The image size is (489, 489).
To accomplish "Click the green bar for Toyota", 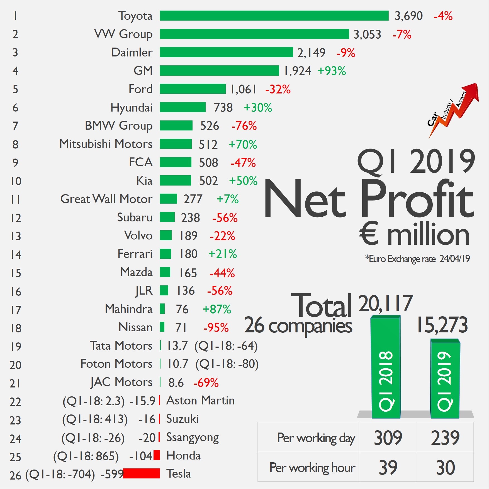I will tap(274, 16).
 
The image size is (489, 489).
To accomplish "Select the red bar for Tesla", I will tap(141, 473).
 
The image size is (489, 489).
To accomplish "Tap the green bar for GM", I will tap(219, 70).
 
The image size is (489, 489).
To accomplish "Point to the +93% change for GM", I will tap(332, 71).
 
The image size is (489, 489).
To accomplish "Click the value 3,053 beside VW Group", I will tap(367, 34).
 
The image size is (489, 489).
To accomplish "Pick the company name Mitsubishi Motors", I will tap(106, 144).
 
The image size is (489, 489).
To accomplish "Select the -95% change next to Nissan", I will tap(216, 328).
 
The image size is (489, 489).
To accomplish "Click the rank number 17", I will tap(16, 310).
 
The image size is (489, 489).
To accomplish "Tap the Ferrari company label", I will tap(135, 254).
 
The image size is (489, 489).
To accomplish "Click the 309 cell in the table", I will tap(388, 438).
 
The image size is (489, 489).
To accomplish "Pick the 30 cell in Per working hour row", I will tap(445, 468).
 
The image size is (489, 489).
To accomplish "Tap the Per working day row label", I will tap(316, 438).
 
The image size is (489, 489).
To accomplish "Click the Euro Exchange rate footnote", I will tap(417, 259).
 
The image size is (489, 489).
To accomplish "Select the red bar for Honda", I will tap(157, 455).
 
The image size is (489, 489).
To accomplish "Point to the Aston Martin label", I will tap(200, 401).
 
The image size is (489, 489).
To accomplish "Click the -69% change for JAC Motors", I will tap(206, 383).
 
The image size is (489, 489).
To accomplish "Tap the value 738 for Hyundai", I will tap(223, 108).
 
